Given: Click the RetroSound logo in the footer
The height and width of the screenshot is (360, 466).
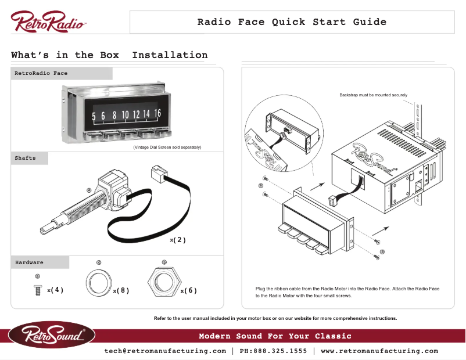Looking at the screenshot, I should click(x=52, y=335).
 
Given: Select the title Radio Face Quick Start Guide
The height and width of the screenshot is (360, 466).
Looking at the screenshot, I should click(x=292, y=22).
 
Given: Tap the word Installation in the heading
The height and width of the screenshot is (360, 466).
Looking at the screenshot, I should click(x=170, y=55).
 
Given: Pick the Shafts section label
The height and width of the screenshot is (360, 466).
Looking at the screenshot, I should click(x=25, y=158).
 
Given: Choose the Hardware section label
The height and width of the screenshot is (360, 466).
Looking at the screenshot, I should click(x=29, y=262).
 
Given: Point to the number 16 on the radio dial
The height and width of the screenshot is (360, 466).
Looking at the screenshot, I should click(x=157, y=113).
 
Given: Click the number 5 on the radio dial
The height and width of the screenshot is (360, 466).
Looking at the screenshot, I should click(x=94, y=116).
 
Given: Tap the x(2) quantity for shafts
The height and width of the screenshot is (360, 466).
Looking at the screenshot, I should click(x=178, y=240).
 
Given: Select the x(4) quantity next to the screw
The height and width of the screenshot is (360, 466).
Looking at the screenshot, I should click(x=55, y=290).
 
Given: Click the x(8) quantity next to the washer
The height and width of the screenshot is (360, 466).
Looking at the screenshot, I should click(x=121, y=290).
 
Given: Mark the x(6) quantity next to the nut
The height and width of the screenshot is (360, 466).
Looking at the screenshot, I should click(x=189, y=290).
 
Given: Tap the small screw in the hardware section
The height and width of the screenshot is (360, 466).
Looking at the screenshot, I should click(x=38, y=290).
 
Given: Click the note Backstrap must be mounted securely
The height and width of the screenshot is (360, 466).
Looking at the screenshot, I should click(x=373, y=95).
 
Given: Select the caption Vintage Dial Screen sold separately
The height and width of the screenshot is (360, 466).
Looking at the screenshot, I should click(x=167, y=147).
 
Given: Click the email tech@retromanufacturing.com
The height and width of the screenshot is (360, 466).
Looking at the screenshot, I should click(x=165, y=351).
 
